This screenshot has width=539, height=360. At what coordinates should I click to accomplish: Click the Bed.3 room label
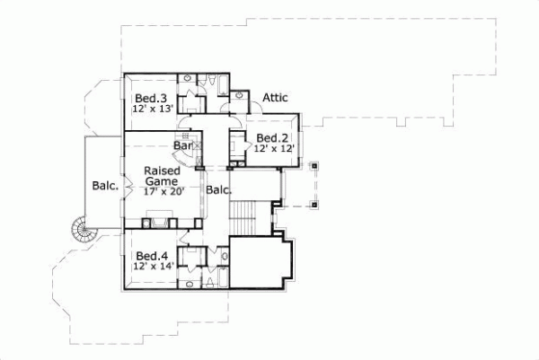coord(150,98)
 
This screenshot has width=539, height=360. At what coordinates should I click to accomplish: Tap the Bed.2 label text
coord(271,137)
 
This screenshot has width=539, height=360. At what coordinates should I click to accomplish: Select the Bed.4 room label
coord(150,255)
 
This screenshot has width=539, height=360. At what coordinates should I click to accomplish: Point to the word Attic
coord(275,98)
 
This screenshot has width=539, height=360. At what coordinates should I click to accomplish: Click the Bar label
coord(183,145)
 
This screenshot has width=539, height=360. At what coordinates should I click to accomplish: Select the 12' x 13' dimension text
coord(150,109)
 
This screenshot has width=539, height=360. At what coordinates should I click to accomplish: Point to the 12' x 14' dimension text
coord(150,266)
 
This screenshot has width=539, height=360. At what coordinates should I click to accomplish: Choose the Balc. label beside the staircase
coord(219,189)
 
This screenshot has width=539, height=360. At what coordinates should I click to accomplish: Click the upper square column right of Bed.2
coord(314,167)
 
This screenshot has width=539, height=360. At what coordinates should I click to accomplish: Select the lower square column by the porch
coord(314,204)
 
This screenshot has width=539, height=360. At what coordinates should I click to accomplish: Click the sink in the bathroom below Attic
coord(240,96)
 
